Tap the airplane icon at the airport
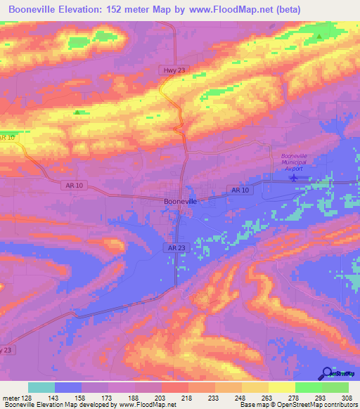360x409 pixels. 294,178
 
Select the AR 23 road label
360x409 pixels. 176,248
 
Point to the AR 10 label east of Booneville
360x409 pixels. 240,190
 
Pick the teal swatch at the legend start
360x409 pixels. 41,387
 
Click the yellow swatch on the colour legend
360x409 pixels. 281,387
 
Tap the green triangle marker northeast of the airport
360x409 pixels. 320,36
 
